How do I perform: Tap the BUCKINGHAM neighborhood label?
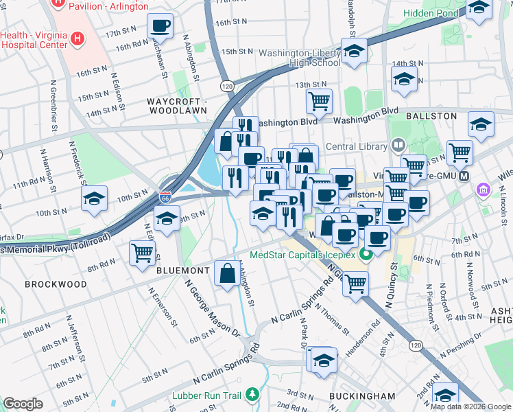(x=361, y=396)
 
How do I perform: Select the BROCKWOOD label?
(x=56, y=284)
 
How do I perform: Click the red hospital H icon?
(x=77, y=39)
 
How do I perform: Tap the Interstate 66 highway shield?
(x=165, y=196)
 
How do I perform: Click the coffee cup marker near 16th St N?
(x=160, y=27)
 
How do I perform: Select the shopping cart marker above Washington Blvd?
(x=319, y=102)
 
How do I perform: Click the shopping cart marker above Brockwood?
(x=142, y=253)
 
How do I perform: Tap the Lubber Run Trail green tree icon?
(x=253, y=394)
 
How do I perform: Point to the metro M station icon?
(x=464, y=176)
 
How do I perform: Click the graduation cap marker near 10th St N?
(x=94, y=199)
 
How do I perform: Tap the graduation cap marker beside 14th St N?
(x=405, y=79)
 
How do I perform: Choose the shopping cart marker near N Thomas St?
(x=355, y=282)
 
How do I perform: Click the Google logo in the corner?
(x=23, y=403)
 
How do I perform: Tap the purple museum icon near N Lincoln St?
(x=483, y=189)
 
